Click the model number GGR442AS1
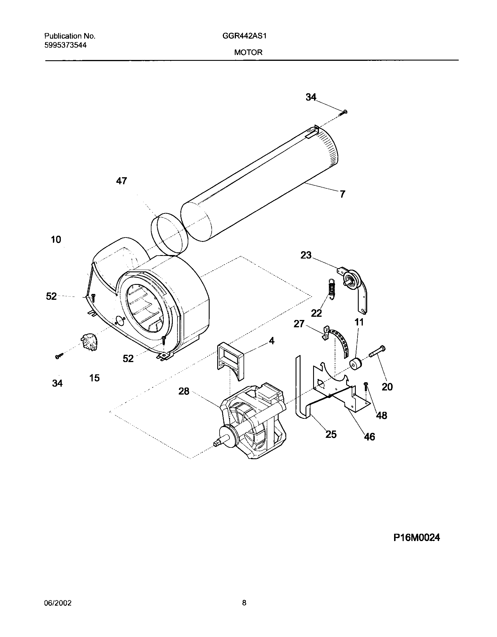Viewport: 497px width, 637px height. [x=245, y=36]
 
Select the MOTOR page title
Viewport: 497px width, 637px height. [x=248, y=52]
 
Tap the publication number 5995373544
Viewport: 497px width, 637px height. [x=65, y=45]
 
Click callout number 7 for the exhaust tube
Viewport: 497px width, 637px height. [x=342, y=194]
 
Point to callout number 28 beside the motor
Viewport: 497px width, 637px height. [x=184, y=391]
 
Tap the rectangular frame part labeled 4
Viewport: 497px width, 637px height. [x=230, y=361]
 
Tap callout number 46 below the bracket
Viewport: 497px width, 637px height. [x=370, y=437]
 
